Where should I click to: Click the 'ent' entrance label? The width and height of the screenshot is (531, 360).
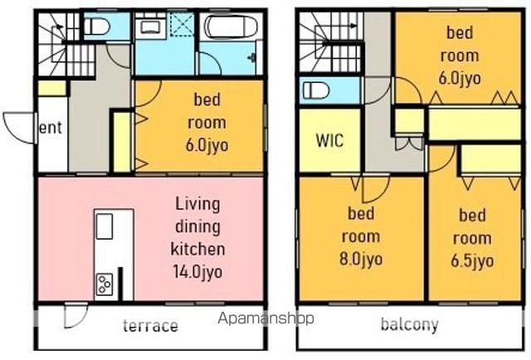point(51,128)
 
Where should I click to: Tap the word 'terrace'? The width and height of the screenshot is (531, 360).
point(150,325)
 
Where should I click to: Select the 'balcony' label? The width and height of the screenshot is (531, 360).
point(409,324)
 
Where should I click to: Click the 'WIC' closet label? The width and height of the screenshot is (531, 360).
point(329,140)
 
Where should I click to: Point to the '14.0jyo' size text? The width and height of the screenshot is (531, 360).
point(198,272)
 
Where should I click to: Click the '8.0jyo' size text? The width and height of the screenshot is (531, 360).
point(361,260)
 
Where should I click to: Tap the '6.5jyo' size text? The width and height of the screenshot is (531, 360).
point(472,260)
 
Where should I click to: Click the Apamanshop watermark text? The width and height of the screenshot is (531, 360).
point(265,319)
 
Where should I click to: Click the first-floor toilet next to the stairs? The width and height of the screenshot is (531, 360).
point(96,26)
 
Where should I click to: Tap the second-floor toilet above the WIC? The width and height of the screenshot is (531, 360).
point(316,90)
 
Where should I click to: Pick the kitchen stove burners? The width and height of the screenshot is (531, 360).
point(105,284)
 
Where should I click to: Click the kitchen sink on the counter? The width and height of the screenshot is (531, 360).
point(105,226)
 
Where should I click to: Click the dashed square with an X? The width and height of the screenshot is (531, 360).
point(182,24)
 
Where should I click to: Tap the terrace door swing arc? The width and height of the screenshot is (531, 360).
point(76,317)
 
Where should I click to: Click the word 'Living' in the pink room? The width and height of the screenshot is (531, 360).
point(197,204)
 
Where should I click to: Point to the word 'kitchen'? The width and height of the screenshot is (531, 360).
point(197,249)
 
